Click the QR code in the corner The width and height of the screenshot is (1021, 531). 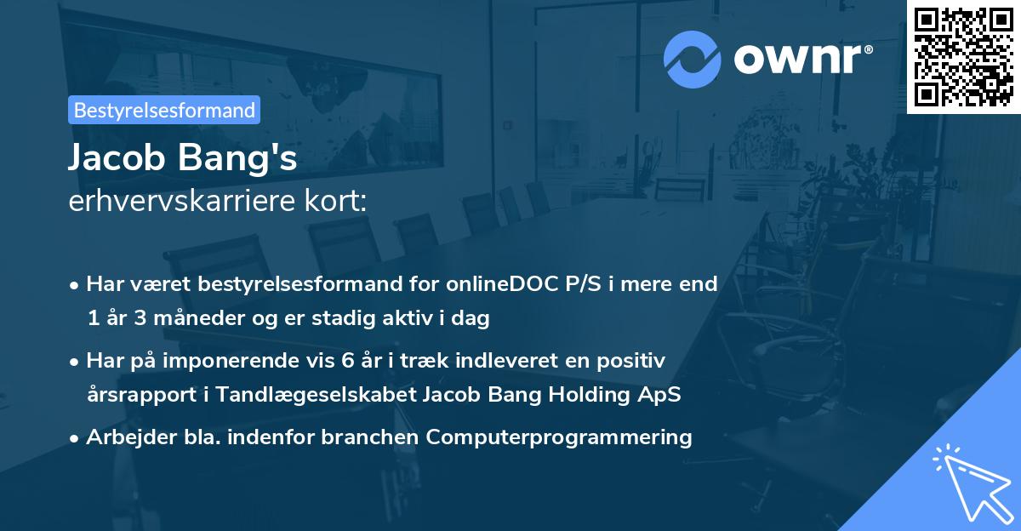click(x=964, y=56)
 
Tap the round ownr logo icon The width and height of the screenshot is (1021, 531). click(x=693, y=59)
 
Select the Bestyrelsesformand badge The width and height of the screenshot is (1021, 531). click(x=164, y=110)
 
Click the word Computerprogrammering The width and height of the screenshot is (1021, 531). click(x=559, y=437)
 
